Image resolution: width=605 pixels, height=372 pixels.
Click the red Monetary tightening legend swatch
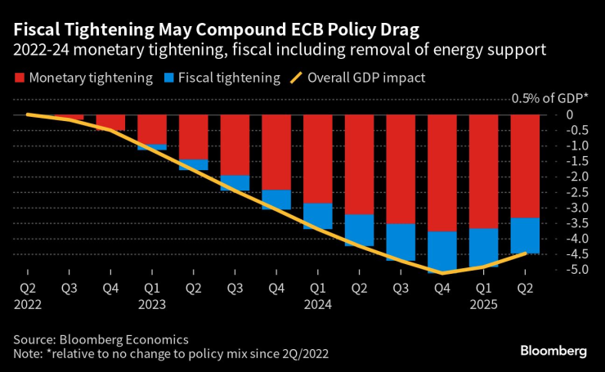click(x=20, y=79)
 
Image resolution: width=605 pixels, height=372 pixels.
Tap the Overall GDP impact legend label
click(x=366, y=79)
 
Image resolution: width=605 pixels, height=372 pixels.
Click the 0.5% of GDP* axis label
click(x=549, y=98)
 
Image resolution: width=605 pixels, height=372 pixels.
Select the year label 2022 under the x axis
click(x=28, y=304)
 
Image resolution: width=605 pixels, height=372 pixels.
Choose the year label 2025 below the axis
click(x=485, y=304)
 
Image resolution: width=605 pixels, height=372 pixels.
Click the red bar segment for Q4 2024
click(x=442, y=173)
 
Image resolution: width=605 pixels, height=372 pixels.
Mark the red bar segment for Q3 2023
click(x=235, y=145)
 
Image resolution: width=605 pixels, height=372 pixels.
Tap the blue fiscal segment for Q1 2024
click(x=318, y=216)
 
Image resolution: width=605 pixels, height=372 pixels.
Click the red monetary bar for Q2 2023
click(x=193, y=137)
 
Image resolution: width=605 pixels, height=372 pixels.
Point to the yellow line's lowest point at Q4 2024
click(x=442, y=273)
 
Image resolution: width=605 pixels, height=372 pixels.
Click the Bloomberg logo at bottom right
click(x=553, y=351)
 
